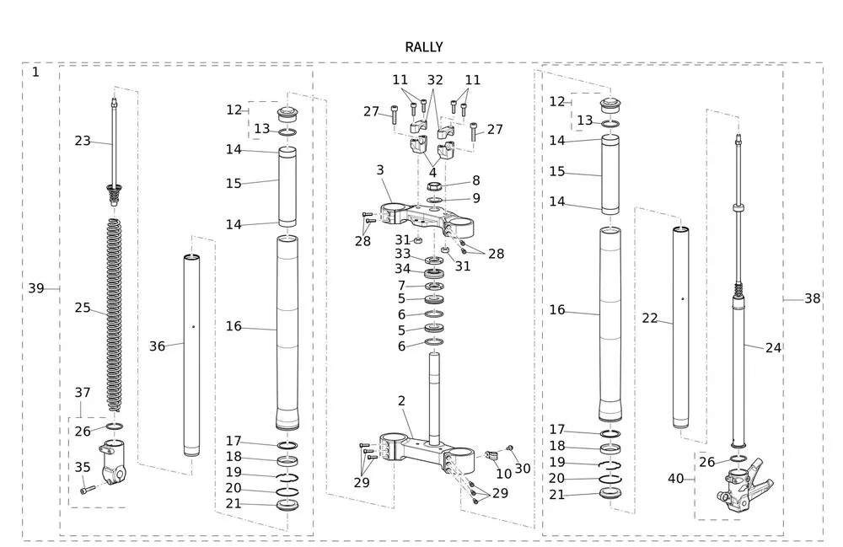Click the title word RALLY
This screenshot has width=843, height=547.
click(x=423, y=47)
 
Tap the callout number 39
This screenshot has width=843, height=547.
click(x=35, y=288)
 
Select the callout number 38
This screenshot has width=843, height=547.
click(x=812, y=298)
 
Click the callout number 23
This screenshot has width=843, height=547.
click(x=82, y=141)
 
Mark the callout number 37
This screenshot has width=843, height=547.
click(x=82, y=392)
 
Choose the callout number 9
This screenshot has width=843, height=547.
click(x=475, y=198)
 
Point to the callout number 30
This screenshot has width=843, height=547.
click(x=523, y=469)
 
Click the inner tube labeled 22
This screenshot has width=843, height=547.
click(x=681, y=329)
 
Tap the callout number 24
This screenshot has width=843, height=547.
click(x=773, y=347)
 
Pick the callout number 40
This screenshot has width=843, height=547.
click(x=675, y=478)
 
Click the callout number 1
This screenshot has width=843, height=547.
click(x=35, y=72)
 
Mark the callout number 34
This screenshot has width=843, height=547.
click(x=402, y=269)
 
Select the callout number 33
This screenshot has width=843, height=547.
click(x=402, y=254)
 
